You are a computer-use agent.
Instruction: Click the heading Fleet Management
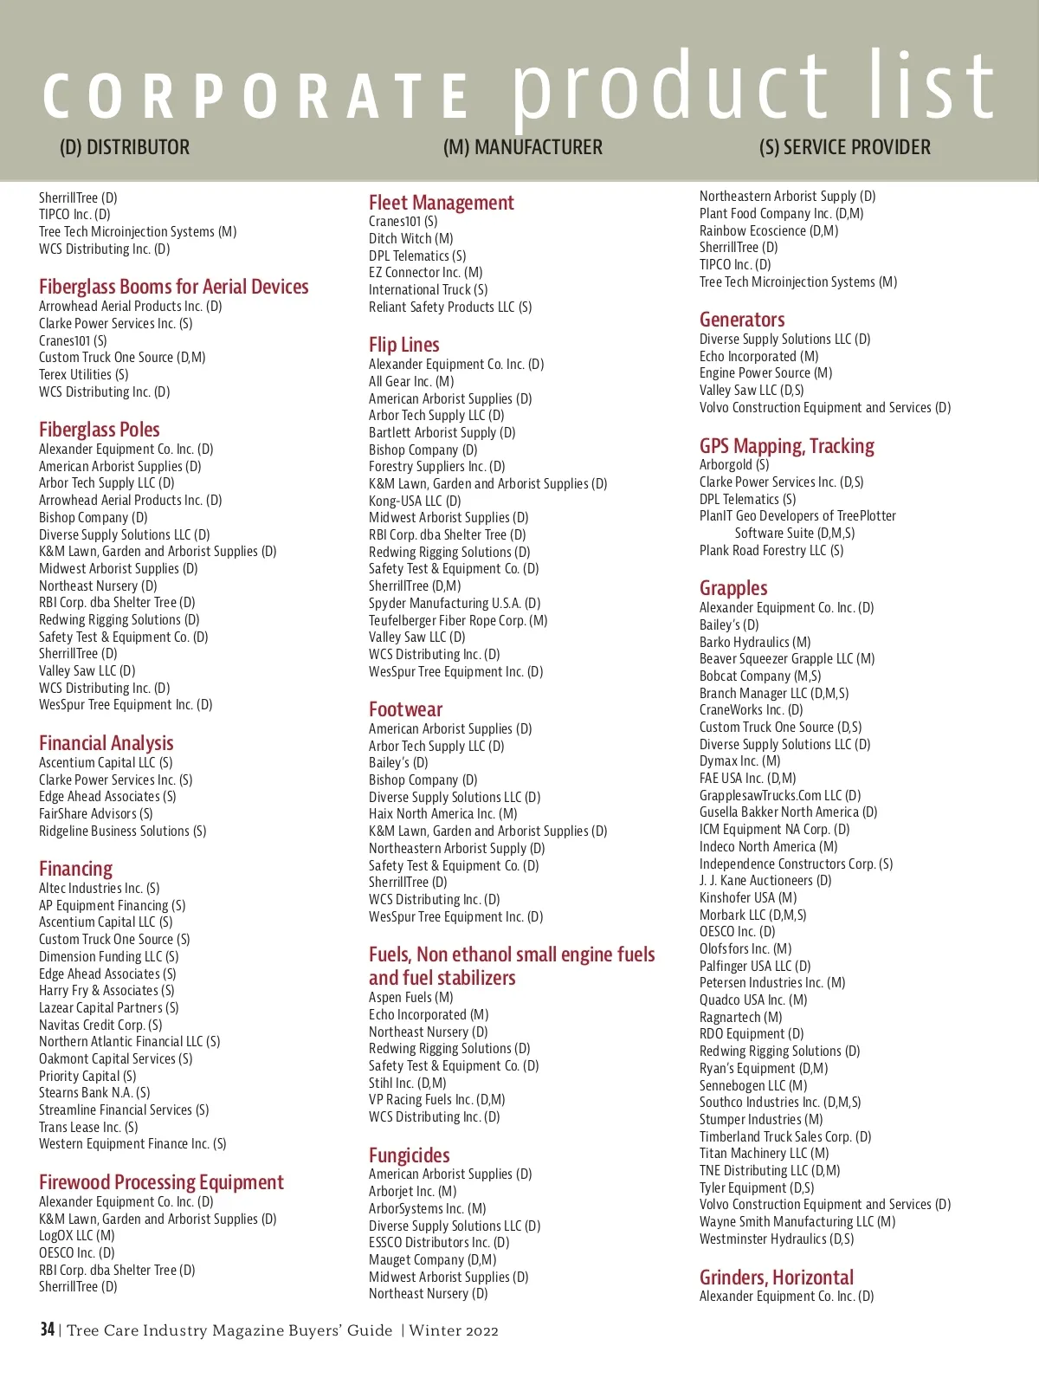click(x=441, y=203)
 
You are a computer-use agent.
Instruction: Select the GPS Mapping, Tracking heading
click(x=786, y=446)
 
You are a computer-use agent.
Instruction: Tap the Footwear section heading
click(x=405, y=709)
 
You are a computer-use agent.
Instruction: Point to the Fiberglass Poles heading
click(x=99, y=430)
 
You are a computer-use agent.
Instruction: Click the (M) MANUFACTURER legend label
click(x=522, y=147)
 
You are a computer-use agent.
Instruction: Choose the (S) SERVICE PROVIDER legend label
click(x=844, y=147)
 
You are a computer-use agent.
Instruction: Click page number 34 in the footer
click(x=47, y=1330)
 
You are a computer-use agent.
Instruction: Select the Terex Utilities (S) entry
click(x=83, y=374)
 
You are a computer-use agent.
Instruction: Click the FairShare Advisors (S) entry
click(x=95, y=813)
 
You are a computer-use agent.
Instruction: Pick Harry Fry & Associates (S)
click(x=106, y=990)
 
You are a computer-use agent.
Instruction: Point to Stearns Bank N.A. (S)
click(x=94, y=1092)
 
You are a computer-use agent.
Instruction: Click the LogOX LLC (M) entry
click(x=76, y=1235)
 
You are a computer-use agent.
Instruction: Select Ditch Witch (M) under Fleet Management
click(x=410, y=238)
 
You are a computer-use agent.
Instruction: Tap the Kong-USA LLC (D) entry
click(x=414, y=501)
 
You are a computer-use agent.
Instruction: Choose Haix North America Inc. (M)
click(x=442, y=813)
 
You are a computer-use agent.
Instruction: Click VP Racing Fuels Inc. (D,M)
click(x=436, y=1099)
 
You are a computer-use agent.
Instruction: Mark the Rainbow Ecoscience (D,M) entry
click(x=768, y=230)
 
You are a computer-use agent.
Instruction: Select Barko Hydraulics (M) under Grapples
click(x=754, y=642)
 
